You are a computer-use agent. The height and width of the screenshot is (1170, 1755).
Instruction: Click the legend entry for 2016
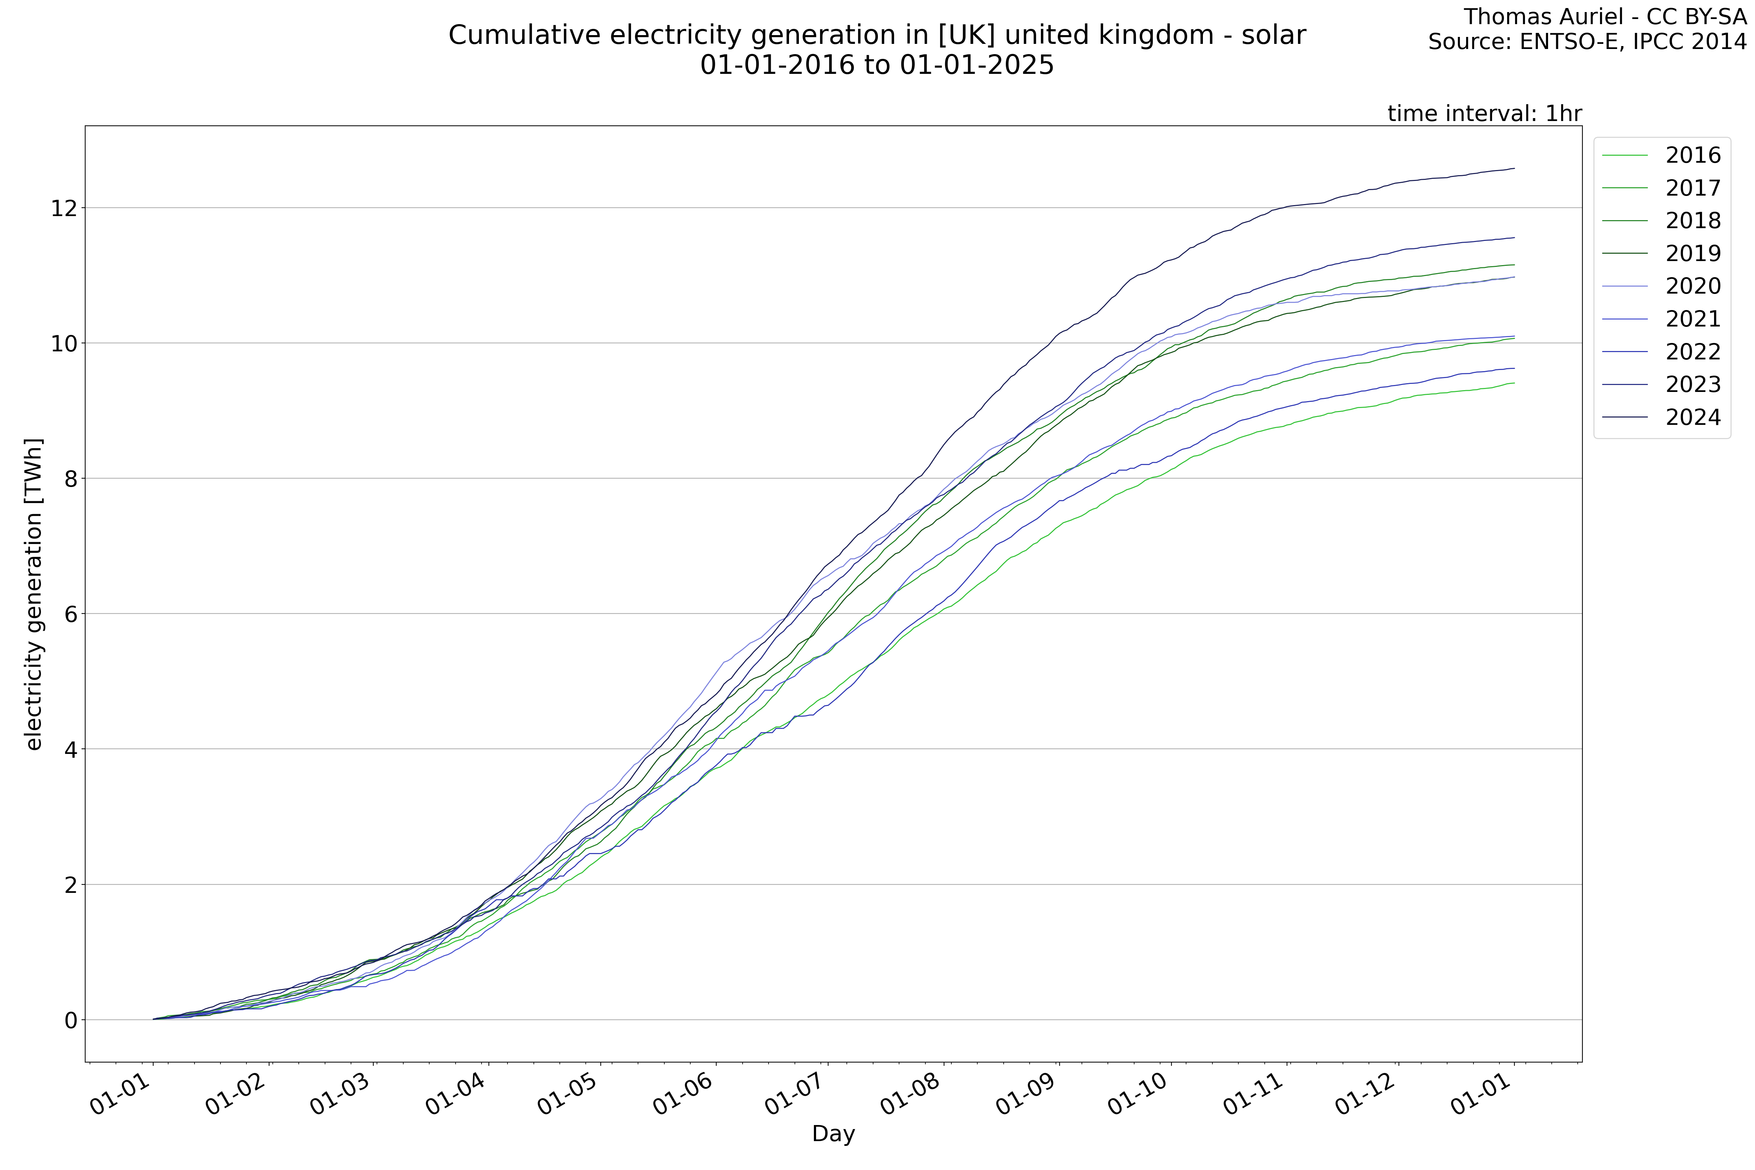1692,155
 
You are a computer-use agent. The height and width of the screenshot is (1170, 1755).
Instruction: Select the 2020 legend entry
1692,286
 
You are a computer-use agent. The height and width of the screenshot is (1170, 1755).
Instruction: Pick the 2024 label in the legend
1692,417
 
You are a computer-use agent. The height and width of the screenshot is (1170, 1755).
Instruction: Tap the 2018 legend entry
1692,221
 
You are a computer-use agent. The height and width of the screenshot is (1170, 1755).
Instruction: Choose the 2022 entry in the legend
1692,351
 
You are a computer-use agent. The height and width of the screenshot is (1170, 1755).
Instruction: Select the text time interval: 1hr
1484,113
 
